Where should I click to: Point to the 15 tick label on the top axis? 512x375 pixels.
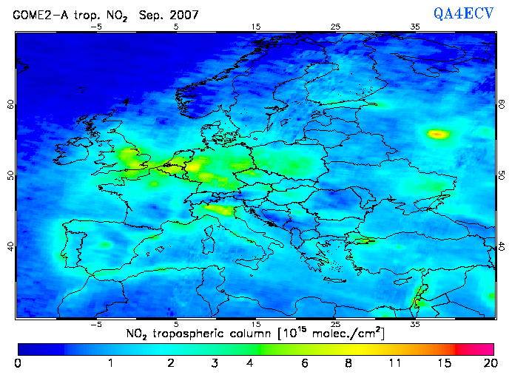coord(256,27)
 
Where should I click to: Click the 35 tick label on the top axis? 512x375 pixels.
coord(416,27)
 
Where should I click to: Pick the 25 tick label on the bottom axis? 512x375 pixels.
coord(336,324)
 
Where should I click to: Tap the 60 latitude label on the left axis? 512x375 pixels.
coord(10,105)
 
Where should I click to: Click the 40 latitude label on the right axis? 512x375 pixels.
coord(502,246)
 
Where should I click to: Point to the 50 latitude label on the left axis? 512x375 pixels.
coord(10,175)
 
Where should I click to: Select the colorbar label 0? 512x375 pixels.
coord(18,363)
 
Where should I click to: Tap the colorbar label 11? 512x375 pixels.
coord(396,363)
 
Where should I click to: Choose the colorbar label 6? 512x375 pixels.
coord(304,363)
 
